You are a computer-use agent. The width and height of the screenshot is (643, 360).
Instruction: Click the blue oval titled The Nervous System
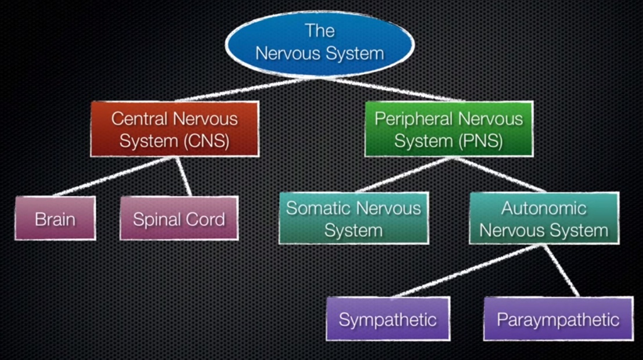[319, 42]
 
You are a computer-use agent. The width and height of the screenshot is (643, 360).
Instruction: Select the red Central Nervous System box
[174, 129]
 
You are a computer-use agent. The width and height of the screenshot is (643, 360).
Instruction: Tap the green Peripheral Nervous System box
[449, 129]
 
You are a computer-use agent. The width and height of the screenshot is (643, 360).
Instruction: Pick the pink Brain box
[55, 218]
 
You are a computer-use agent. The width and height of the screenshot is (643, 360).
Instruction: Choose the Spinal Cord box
[179, 218]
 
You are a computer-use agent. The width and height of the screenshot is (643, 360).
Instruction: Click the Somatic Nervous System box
[353, 218]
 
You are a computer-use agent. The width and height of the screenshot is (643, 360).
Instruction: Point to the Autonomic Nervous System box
[544, 218]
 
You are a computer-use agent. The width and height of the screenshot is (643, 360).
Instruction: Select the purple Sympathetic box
[388, 319]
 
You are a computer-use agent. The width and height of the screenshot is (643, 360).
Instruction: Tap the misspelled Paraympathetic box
[558, 319]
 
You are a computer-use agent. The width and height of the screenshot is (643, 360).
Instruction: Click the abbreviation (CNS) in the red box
[208, 141]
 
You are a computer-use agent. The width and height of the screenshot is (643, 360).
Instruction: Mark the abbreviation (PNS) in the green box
[482, 141]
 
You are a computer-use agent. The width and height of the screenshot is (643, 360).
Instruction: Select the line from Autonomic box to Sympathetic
[458, 271]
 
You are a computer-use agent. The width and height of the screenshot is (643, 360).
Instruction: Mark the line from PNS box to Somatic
[400, 174]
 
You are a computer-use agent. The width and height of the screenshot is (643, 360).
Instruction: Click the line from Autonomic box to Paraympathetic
[562, 270]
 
